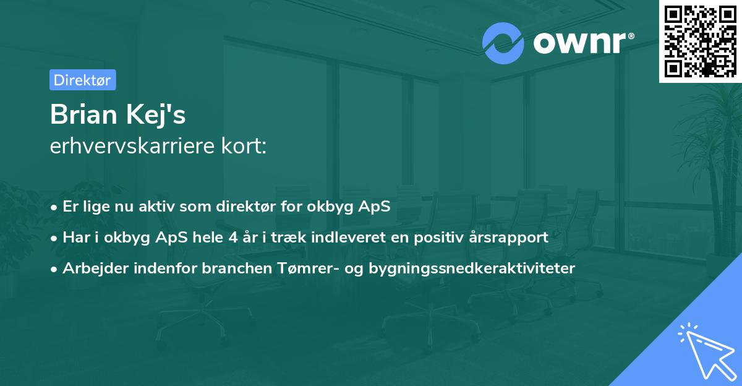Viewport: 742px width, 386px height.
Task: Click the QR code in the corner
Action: pos(700,40)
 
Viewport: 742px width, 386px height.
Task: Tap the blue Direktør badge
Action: pos(82,80)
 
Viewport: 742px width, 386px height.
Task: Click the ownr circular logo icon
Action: pos(503,43)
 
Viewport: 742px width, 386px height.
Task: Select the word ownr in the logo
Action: pos(581,43)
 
